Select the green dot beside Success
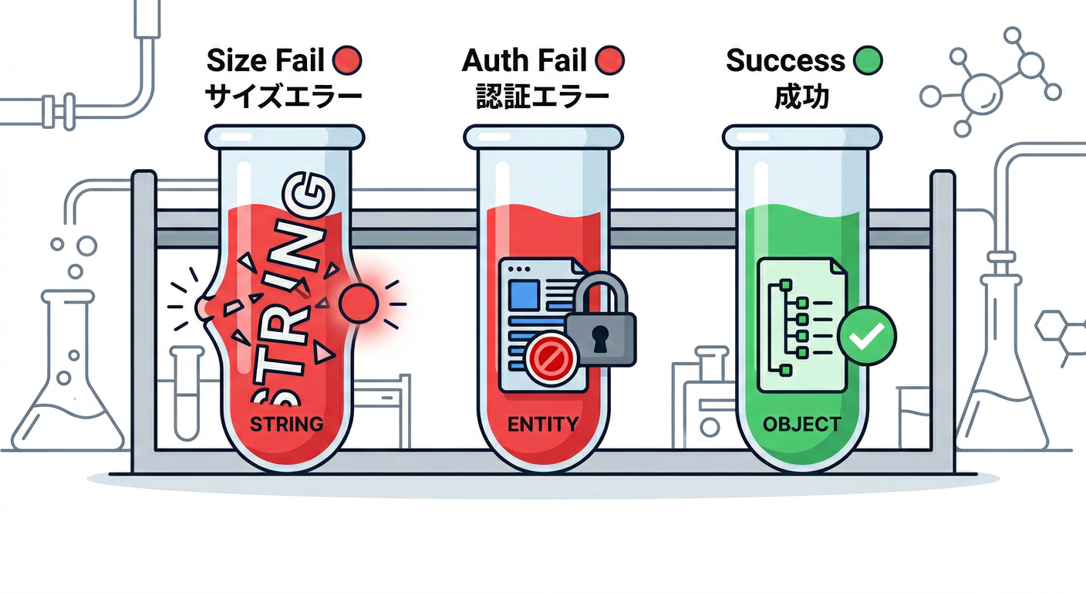[x=868, y=60]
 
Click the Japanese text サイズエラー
[x=283, y=97]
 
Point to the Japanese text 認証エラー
[x=543, y=97]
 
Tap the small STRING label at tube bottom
[x=285, y=424]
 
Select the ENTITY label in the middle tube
[x=543, y=424]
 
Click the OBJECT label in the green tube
[x=801, y=424]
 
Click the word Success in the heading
[x=785, y=60]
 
